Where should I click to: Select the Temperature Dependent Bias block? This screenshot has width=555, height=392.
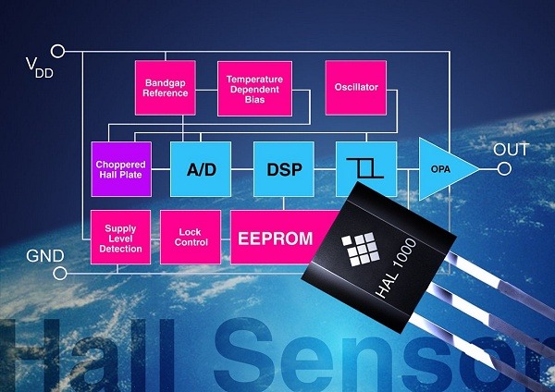(x=254, y=88)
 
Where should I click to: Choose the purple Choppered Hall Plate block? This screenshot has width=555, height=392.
(x=119, y=168)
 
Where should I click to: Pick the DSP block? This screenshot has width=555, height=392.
(x=284, y=168)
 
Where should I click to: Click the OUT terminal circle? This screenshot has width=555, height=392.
(x=504, y=168)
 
